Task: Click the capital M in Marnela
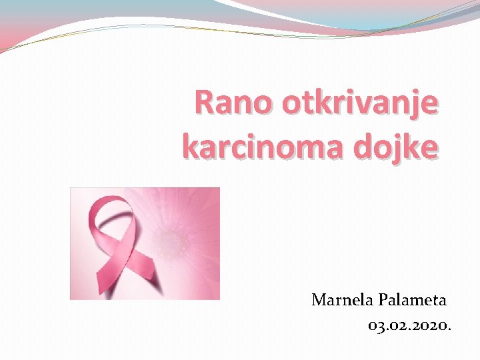click(x=319, y=300)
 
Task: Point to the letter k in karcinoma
click(x=190, y=145)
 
